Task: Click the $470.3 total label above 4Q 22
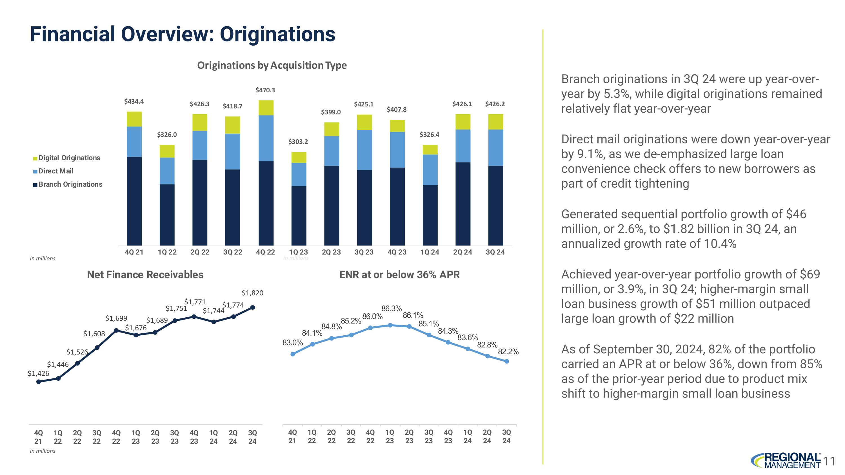point(265,90)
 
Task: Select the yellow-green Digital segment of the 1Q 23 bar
point(299,157)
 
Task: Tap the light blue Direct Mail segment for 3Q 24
point(495,148)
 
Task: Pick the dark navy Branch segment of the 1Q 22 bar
point(167,215)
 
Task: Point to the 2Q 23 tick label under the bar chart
point(331,252)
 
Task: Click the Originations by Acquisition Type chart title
point(272,65)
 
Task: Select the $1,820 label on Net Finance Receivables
point(252,293)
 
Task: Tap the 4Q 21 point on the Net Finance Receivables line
point(38,382)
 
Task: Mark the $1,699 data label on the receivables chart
point(116,318)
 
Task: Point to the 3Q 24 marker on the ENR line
point(506,361)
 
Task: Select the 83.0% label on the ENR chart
point(293,343)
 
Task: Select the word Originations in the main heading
point(277,34)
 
